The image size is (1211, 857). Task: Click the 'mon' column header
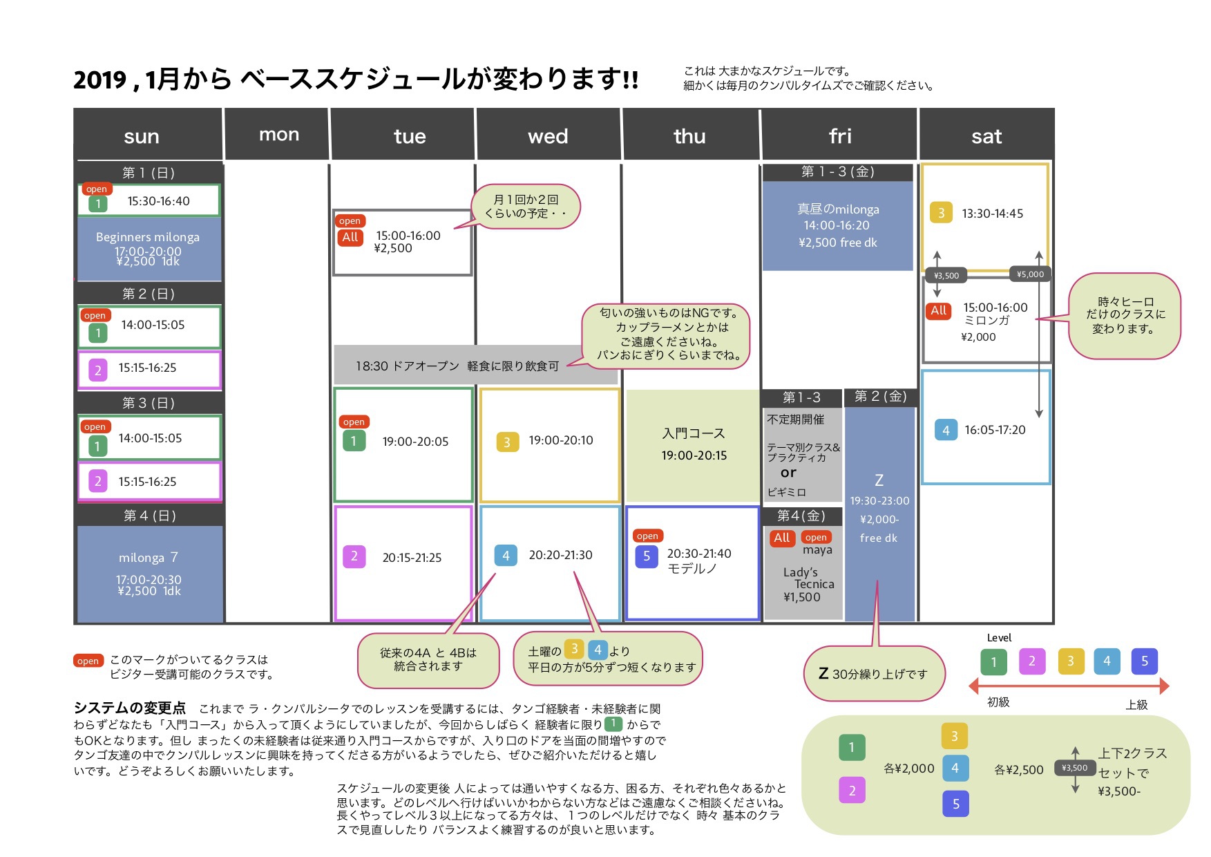(x=279, y=134)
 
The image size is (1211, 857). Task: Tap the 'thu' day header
(x=689, y=136)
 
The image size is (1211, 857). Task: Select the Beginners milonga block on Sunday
(x=149, y=249)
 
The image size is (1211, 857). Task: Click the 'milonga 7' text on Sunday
(x=149, y=557)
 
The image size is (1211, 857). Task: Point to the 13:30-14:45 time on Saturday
(x=992, y=214)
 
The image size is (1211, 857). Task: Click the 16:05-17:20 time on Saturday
(x=995, y=430)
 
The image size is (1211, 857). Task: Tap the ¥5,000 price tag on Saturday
(x=1030, y=274)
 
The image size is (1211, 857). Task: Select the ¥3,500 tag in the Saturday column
(x=946, y=276)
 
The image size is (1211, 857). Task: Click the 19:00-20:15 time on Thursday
(x=694, y=455)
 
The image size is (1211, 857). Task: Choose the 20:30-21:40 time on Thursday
(x=698, y=554)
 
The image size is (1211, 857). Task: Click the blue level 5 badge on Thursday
(x=647, y=556)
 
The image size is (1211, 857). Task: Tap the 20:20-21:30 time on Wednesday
(x=560, y=555)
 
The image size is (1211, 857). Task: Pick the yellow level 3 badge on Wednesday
(x=507, y=442)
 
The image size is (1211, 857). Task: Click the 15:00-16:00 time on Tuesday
(x=408, y=236)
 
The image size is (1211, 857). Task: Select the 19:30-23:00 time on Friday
(x=879, y=501)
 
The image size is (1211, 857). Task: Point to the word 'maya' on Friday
(x=817, y=551)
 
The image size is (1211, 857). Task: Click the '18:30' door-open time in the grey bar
(x=372, y=366)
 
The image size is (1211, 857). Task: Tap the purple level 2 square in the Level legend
(x=1032, y=661)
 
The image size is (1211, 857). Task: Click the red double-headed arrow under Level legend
(x=1069, y=686)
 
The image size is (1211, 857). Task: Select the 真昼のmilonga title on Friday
(x=838, y=209)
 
